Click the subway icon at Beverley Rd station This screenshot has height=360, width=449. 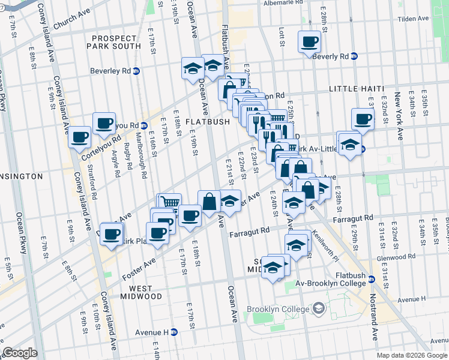(136, 70)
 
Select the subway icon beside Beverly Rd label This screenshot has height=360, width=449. (354, 56)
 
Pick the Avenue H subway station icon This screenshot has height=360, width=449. (175, 332)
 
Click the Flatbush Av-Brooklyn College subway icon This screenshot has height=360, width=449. (372, 279)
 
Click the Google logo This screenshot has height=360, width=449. (20, 353)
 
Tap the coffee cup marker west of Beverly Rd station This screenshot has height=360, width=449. (309, 42)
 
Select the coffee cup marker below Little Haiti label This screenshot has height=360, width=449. (363, 119)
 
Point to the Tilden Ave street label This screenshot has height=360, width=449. (413, 19)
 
